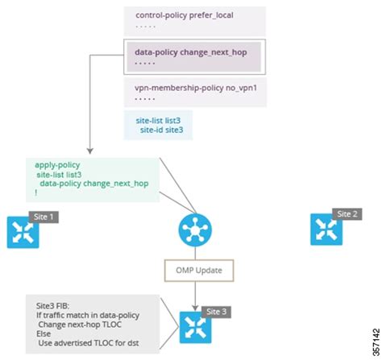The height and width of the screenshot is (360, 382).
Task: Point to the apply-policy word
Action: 57,163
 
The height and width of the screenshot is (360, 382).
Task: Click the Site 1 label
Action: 44,217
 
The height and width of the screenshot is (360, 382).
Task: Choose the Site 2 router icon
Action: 326,229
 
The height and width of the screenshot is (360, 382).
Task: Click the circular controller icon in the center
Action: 193,230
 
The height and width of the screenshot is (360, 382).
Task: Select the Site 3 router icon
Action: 193,326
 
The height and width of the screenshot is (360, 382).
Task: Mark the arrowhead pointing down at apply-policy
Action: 89,150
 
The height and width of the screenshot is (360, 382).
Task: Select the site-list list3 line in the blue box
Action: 158,121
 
